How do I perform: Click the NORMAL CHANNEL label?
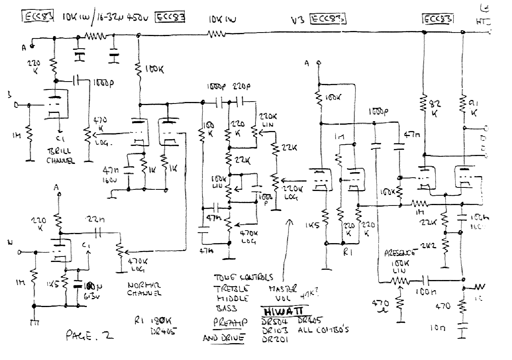146,288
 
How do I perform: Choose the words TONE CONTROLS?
243,277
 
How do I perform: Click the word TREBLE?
231,289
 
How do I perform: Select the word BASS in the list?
226,308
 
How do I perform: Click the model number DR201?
275,340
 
